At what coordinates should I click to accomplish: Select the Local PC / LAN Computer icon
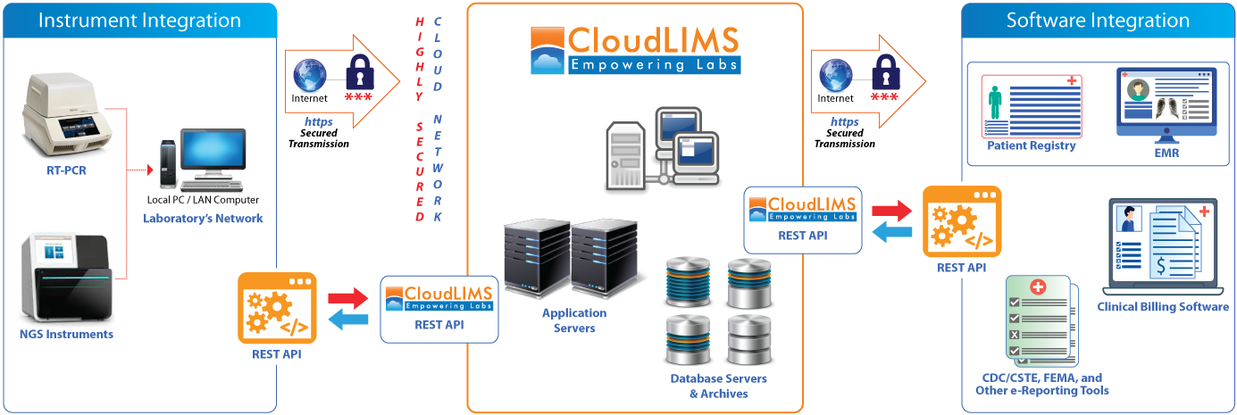point(201,161)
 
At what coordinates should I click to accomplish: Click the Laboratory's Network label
point(203,219)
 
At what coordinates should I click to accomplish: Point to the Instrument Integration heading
point(139,21)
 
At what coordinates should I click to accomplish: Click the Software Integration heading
point(1098,21)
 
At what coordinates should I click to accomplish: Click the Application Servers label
point(574,320)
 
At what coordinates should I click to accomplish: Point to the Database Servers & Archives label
point(718,386)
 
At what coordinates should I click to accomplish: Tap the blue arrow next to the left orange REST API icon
point(347,320)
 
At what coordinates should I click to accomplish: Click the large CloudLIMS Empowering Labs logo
point(634,50)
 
